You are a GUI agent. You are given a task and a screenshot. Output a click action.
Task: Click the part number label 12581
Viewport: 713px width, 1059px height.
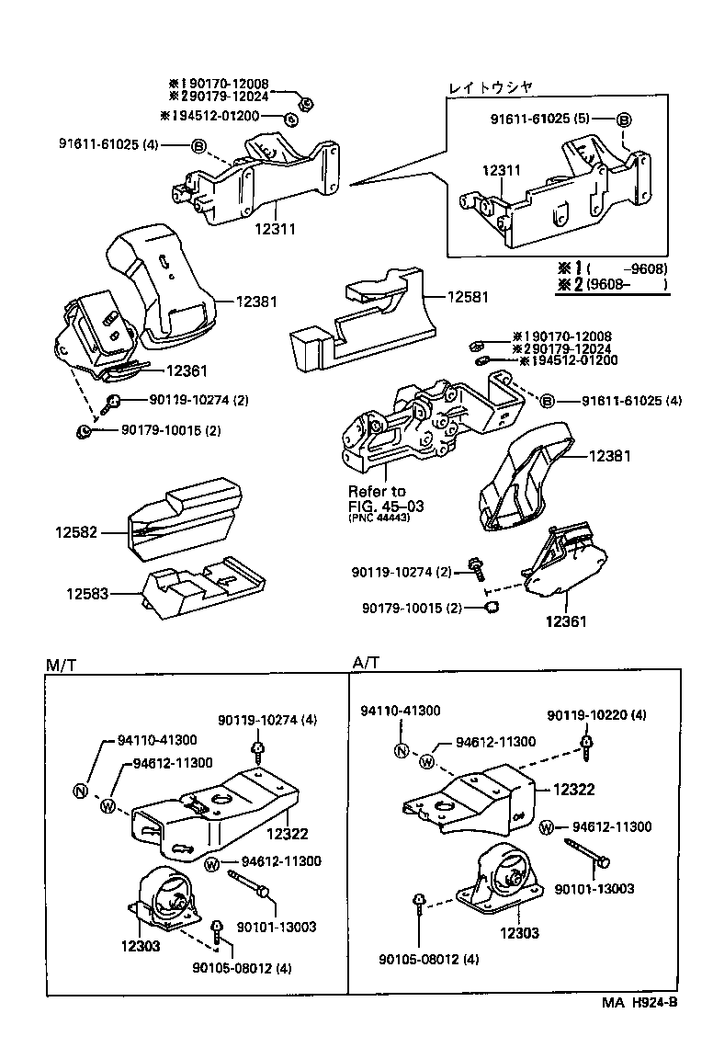[469, 297]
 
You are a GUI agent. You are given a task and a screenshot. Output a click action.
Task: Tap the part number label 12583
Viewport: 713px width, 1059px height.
[86, 594]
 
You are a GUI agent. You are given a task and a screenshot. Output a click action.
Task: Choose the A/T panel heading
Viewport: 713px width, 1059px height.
[365, 663]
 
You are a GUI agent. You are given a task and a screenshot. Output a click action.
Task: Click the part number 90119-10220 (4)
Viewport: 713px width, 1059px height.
[596, 715]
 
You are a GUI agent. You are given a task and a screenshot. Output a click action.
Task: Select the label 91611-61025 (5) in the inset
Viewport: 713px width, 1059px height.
[539, 119]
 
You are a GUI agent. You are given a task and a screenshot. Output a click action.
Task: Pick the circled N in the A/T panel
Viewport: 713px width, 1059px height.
[401, 750]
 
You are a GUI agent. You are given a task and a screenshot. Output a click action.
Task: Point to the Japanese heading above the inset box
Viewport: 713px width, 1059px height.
[490, 87]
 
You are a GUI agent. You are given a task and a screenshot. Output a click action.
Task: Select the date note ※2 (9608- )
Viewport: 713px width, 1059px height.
[611, 284]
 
